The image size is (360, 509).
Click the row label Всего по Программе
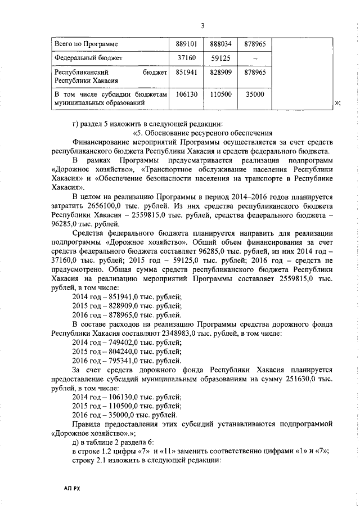tap(85, 43)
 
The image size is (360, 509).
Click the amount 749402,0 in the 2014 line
tap(128, 342)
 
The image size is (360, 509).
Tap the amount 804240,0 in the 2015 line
tap(128, 351)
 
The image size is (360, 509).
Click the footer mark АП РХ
tap(72, 489)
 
